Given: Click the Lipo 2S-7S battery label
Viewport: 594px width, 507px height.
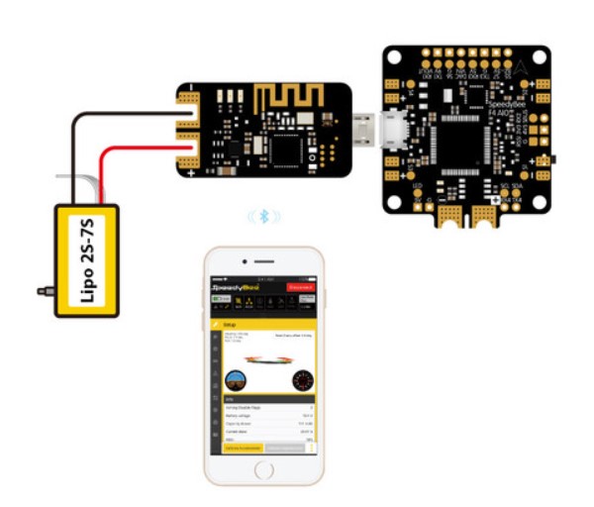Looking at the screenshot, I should pos(86,260).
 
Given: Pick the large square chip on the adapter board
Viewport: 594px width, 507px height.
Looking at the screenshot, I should pos(287,149).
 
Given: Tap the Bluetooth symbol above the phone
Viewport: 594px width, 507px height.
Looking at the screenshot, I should pos(263,215).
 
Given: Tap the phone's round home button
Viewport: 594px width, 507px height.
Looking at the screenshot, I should pos(265,471).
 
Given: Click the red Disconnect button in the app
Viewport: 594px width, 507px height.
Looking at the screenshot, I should pos(299,287).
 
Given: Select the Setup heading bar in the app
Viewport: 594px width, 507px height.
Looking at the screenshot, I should pos(264,323).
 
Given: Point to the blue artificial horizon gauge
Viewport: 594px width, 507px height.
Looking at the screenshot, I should pos(237,379).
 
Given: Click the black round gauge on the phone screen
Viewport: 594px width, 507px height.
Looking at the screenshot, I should pos(301,379).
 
